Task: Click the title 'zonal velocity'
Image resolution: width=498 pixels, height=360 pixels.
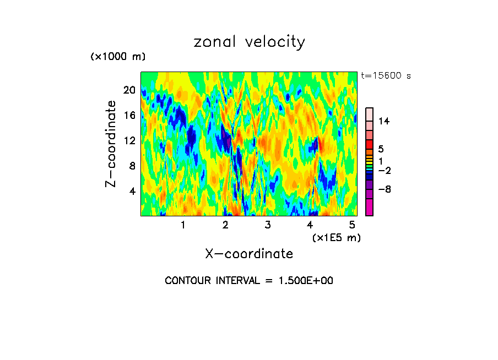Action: [249, 42]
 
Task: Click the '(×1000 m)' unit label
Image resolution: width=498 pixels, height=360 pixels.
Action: [118, 57]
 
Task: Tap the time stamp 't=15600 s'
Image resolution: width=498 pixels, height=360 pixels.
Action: [386, 76]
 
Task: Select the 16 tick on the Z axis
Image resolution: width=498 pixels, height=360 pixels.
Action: [129, 115]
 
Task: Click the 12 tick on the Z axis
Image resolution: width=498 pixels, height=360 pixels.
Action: [129, 140]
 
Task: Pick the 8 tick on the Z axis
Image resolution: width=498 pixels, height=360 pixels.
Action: [132, 166]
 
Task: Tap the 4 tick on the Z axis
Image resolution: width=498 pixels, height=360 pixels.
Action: [132, 191]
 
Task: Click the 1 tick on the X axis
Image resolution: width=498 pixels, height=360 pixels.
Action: [183, 225]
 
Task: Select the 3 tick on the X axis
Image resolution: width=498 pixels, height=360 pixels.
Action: [268, 225]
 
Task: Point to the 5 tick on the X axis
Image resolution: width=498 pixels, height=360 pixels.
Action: [353, 225]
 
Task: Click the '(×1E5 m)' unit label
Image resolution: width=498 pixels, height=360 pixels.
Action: [336, 237]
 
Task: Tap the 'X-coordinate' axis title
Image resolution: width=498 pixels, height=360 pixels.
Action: [249, 254]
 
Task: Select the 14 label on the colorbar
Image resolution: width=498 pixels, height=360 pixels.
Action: [384, 122]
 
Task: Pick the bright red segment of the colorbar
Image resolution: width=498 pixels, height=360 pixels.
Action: [370, 144]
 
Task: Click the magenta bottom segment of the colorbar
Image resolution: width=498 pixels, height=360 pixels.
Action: [370, 208]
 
